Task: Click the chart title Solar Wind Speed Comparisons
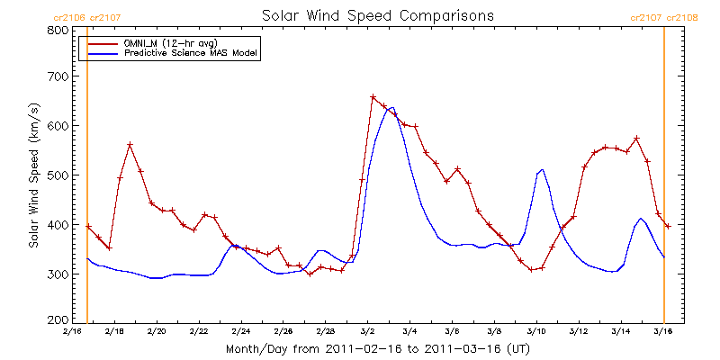point(377,16)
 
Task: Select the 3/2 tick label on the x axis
point(368,332)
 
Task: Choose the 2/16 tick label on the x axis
point(72,332)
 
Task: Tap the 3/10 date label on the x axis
point(536,332)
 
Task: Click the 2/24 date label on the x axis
point(241,332)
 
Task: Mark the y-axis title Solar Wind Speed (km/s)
point(33,175)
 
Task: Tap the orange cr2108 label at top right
point(682,17)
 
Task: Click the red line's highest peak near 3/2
point(373,96)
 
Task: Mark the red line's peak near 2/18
point(130,144)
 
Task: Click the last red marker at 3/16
point(668,226)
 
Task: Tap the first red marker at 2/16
point(88,226)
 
